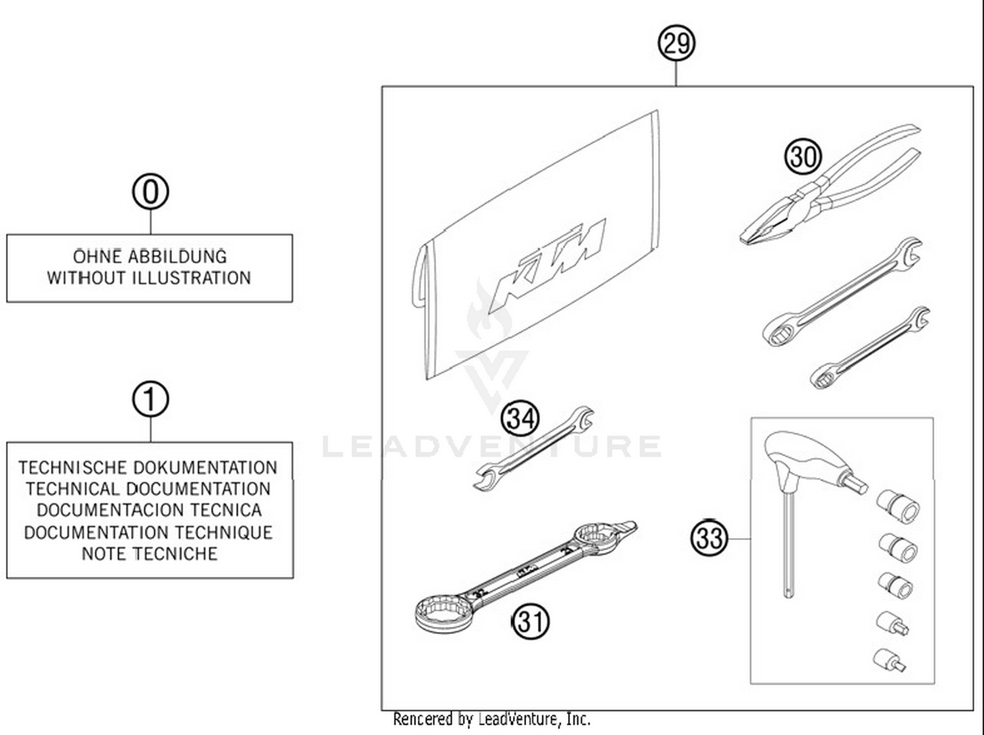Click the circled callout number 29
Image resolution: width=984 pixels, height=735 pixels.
[x=676, y=43]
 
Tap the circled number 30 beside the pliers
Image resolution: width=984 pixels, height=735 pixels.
[x=803, y=157]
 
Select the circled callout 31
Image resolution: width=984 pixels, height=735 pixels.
[x=530, y=620]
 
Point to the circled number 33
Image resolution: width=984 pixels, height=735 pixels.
[x=709, y=538]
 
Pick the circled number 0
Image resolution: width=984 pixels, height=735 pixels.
[x=150, y=192]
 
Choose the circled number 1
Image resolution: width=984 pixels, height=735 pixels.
[x=150, y=399]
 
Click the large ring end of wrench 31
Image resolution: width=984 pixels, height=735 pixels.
[x=441, y=613]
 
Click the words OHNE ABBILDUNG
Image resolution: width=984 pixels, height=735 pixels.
[x=150, y=256]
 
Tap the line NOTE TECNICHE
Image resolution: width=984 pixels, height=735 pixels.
[x=150, y=553]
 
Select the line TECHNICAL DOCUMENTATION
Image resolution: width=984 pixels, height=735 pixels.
[x=148, y=489]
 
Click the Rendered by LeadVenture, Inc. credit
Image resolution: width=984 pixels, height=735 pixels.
[x=491, y=719]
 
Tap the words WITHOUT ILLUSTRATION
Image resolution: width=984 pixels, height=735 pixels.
[x=150, y=278]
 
